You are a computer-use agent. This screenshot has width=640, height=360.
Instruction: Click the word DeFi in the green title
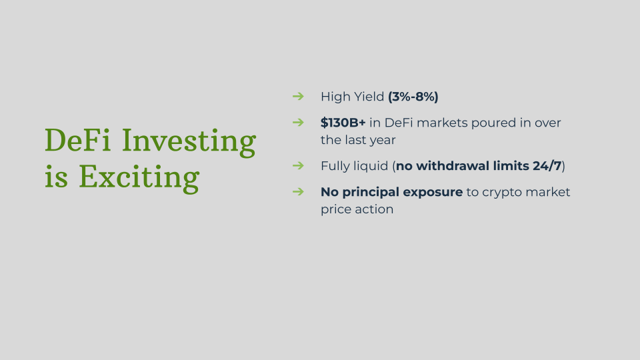[x=77, y=140]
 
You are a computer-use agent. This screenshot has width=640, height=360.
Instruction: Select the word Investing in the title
[x=189, y=143]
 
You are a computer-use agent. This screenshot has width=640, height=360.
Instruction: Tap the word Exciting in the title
[x=139, y=179]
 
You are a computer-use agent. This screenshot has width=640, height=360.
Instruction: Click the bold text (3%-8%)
[x=413, y=97]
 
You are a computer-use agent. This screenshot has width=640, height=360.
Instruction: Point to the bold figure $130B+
[x=343, y=123]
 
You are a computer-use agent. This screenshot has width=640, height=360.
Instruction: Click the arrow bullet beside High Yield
[x=299, y=96]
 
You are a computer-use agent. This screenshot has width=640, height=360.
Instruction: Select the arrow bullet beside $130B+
[x=299, y=123]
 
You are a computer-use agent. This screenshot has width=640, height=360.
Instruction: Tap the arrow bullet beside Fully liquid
[x=299, y=166]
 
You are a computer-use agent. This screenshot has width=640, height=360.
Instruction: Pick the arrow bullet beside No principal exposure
[x=299, y=192]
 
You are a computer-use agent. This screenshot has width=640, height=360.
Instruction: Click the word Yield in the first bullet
[x=369, y=97]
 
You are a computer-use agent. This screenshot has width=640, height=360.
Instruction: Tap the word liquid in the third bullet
[x=371, y=167]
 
